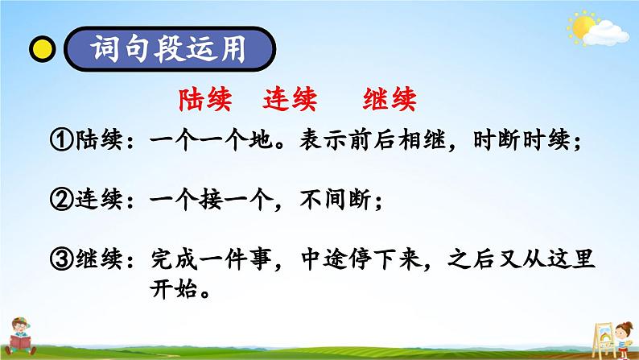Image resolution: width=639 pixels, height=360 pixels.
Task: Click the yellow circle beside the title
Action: pyautogui.click(x=43, y=49)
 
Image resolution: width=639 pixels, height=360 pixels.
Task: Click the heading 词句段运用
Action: pyautogui.click(x=168, y=49)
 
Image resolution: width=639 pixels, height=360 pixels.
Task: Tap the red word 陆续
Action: pyautogui.click(x=205, y=100)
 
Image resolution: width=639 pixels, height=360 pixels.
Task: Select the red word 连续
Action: pyautogui.click(x=290, y=100)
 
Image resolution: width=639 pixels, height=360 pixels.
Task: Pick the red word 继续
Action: pyautogui.click(x=390, y=100)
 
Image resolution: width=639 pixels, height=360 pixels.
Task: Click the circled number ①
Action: pyautogui.click(x=61, y=140)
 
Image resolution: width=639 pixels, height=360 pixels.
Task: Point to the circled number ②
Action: pyautogui.click(x=61, y=200)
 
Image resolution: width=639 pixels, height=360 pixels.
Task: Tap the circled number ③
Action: pyautogui.click(x=61, y=259)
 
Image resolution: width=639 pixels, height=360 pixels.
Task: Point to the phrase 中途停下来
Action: pyautogui.click(x=361, y=259)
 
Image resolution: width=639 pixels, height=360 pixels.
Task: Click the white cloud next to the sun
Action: pyautogui.click(x=606, y=34)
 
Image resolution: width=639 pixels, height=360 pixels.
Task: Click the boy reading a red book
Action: pyautogui.click(x=19, y=336)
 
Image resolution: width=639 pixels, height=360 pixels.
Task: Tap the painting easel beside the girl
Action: pyautogui.click(x=603, y=340)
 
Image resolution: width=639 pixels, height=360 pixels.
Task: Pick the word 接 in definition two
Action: pyautogui.click(x=211, y=200)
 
